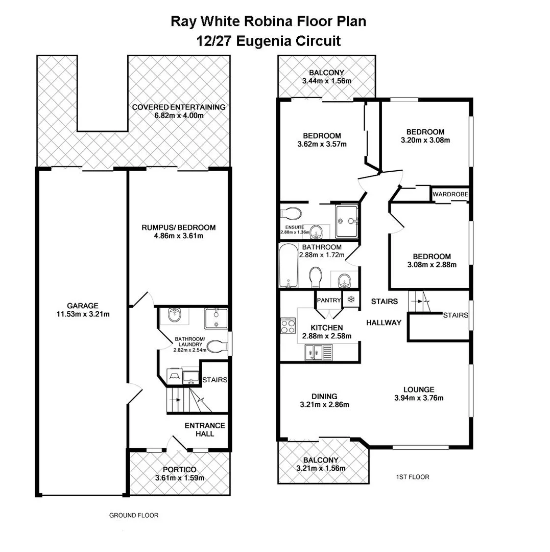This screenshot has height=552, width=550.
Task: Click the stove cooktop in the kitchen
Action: [x=288, y=326]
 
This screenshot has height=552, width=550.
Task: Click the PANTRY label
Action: [x=328, y=300]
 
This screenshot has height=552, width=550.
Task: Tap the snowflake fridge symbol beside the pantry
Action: [x=351, y=300]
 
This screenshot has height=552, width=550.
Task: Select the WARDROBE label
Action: [x=450, y=195]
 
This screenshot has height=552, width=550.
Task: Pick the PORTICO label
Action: [x=180, y=470]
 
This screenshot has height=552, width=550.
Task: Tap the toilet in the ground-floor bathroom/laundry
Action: [x=218, y=348]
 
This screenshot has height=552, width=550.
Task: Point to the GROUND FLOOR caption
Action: [x=134, y=515]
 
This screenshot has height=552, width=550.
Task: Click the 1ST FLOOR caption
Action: [x=412, y=477]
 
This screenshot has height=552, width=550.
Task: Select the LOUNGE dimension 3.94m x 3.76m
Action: [x=418, y=398]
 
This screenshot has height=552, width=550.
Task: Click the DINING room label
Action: [x=324, y=396]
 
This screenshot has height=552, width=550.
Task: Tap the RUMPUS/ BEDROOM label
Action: [x=179, y=227]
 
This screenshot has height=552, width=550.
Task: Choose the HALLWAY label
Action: [x=384, y=323]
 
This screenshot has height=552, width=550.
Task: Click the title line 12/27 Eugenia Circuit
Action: [x=269, y=41]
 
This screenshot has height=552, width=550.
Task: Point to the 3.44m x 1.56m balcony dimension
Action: [x=327, y=81]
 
